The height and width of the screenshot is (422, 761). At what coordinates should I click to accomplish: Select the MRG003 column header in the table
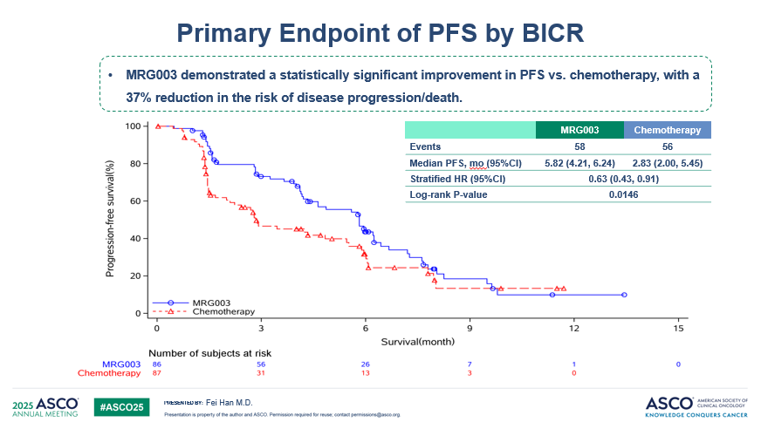[579, 130]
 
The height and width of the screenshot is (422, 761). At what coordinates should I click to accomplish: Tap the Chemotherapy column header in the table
[667, 130]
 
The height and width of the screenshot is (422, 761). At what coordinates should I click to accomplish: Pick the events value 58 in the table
[579, 146]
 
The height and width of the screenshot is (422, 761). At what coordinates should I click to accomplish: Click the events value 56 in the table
[667, 146]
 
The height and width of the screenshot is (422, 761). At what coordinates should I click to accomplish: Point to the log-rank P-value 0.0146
[623, 194]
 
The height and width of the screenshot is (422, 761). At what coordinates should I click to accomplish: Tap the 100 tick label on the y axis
[133, 126]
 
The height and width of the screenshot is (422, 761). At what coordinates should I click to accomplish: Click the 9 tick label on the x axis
[470, 327]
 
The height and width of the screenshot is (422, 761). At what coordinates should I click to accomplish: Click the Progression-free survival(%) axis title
[111, 218]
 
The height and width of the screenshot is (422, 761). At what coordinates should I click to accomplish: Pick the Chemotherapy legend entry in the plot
[223, 311]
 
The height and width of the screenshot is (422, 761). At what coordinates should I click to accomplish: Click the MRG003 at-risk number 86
[157, 364]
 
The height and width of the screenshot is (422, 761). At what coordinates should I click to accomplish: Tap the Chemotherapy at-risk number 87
[157, 373]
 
